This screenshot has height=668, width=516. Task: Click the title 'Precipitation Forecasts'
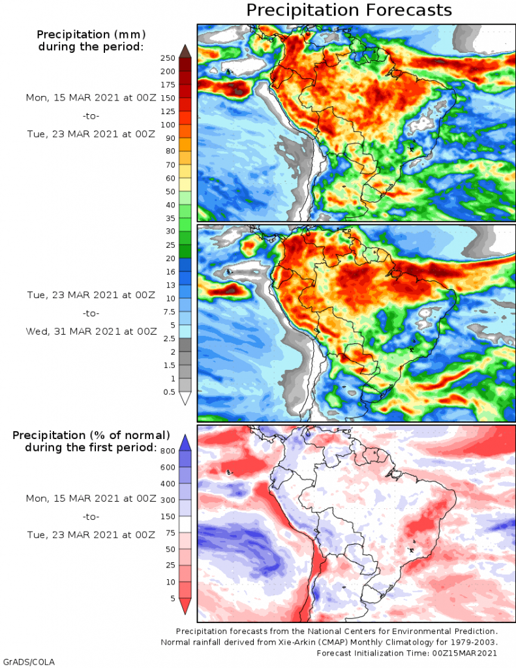pos(349,10)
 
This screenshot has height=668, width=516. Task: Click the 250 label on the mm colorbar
pos(168,57)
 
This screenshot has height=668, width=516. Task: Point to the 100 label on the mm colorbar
pos(168,125)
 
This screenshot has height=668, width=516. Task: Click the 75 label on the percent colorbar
pos(170,533)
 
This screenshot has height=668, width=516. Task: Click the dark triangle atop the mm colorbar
pos(185,51)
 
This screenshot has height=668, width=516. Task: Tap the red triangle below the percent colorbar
pos(185,607)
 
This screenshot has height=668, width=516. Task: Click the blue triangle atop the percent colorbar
pos(185,442)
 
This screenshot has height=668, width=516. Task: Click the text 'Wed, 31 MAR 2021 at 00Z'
pos(91,331)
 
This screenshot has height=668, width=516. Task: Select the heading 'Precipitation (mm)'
pos(91,34)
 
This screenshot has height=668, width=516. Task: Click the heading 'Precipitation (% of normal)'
pos(91,434)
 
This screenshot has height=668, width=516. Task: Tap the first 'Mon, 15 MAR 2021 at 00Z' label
pos(91,97)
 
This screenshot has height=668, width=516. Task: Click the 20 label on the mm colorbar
pos(170,258)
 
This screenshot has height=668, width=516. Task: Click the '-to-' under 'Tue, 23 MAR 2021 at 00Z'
pos(91,312)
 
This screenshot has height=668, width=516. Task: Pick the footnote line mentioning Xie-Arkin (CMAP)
pos(329,643)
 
